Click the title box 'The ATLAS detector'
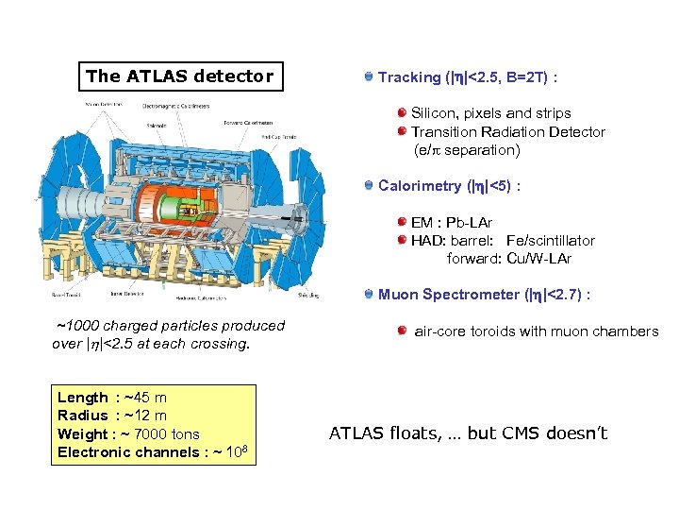pos(179,76)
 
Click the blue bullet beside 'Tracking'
pos(368,76)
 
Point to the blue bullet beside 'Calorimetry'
pos(368,185)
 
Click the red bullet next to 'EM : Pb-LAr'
pos(402,223)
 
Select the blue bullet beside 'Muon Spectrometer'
pos(368,294)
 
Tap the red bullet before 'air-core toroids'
pos(402,331)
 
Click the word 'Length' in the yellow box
pos(82,398)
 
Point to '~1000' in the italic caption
pos(77,326)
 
